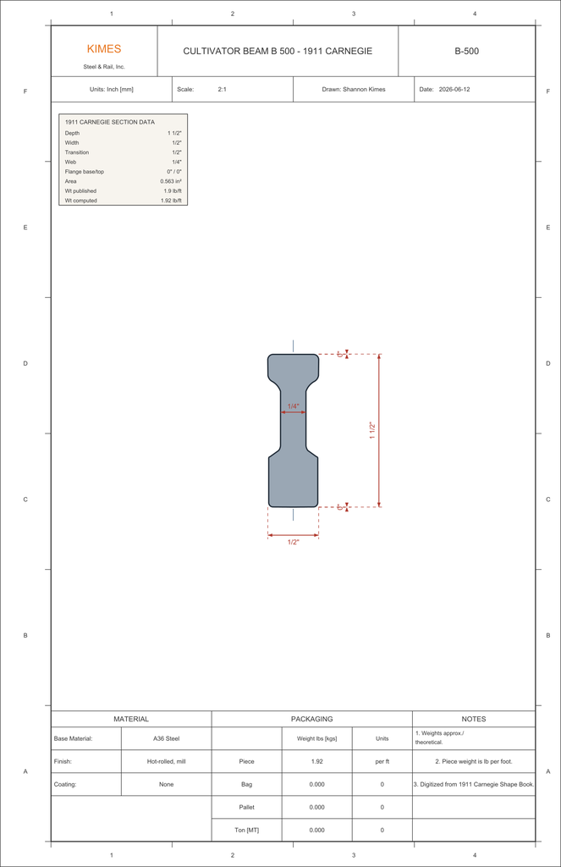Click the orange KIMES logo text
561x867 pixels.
point(104,48)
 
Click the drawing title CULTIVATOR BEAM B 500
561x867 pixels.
point(239,51)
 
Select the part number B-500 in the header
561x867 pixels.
point(466,51)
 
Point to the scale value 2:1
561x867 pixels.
point(223,89)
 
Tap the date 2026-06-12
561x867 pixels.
point(454,89)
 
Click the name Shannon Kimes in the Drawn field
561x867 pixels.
point(364,89)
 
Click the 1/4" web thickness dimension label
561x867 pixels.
point(293,406)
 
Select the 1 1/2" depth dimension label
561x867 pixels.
point(372,431)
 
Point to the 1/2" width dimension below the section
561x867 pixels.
point(293,542)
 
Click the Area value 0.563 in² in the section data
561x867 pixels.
point(171,181)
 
